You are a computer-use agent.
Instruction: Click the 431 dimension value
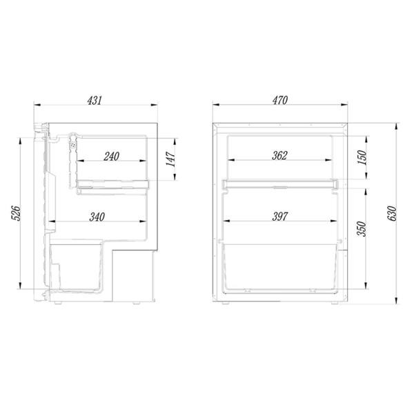pyautogui.click(x=95, y=101)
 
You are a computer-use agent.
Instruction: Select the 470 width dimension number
pyautogui.click(x=279, y=101)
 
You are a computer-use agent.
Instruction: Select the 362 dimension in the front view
pyautogui.click(x=279, y=155)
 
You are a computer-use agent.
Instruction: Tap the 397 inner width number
pyautogui.click(x=279, y=217)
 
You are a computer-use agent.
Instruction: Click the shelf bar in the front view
pyautogui.click(x=279, y=184)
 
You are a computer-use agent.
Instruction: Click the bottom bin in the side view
pyautogui.click(x=77, y=266)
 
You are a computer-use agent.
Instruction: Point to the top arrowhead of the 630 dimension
pyautogui.click(x=397, y=126)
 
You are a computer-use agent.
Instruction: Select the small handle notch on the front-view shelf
pyautogui.click(x=279, y=187)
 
